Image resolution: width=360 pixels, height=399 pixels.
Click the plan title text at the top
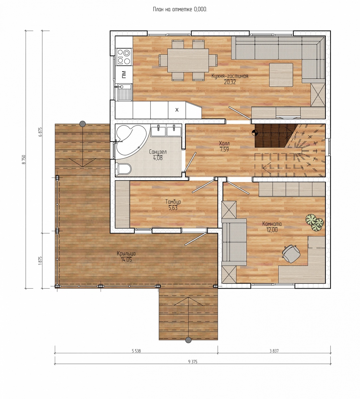point(180,9)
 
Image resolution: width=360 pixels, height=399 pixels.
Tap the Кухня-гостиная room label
point(230,76)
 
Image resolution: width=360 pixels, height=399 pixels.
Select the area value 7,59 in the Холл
point(224,149)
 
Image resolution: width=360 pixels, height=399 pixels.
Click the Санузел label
point(158,152)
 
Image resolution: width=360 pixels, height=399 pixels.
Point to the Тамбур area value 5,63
point(173,208)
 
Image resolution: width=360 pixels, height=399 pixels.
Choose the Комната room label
point(272,224)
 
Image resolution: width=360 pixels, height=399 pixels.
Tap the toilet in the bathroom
point(123,170)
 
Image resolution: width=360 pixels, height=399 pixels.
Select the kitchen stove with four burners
point(124,57)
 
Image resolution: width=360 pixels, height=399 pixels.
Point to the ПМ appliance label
point(124,74)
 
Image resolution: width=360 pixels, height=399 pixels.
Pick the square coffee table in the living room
point(281,74)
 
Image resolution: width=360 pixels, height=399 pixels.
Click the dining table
point(188,61)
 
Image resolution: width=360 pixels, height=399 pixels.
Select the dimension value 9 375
point(193,362)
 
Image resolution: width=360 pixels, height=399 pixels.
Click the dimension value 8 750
point(24,160)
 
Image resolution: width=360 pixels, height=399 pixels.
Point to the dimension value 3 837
point(274,351)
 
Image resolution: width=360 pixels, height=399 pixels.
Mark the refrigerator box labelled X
point(177,110)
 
